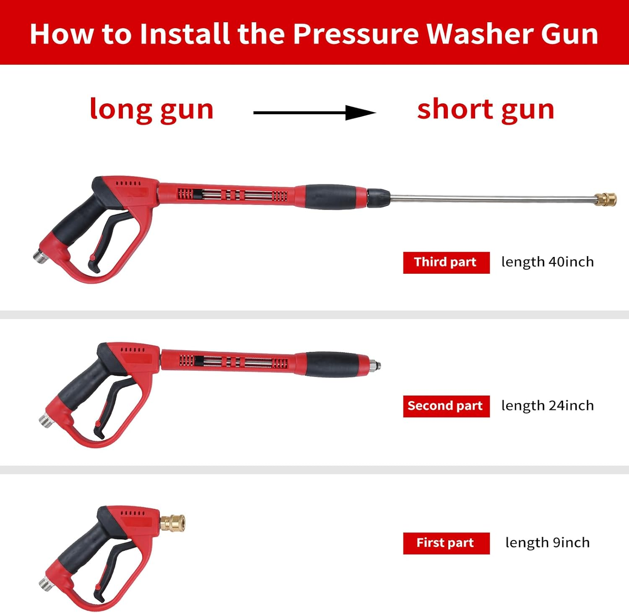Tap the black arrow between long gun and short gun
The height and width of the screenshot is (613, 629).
314,113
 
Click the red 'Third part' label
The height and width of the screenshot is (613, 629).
446,262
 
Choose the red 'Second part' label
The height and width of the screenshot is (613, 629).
446,406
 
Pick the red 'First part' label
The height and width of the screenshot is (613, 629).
446,543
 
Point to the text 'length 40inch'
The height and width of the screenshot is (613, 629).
547,262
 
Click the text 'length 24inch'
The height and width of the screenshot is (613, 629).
547,406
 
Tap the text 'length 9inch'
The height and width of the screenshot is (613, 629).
547,542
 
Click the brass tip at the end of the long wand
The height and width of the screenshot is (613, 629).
606,199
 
